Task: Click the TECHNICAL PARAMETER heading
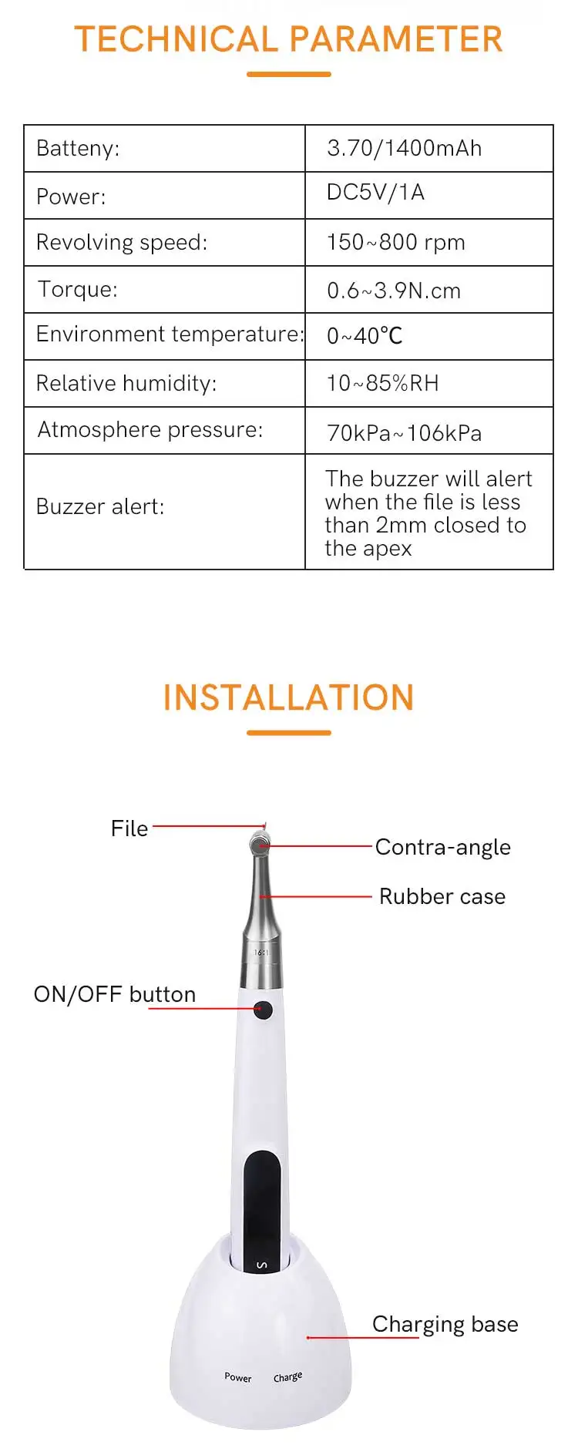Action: (x=288, y=39)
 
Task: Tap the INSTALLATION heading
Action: (x=288, y=697)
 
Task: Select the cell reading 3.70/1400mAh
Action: (x=404, y=148)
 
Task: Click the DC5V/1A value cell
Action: (x=375, y=193)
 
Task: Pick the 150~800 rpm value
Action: (x=395, y=242)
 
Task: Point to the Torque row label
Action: (x=78, y=289)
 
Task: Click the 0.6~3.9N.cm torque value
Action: (x=394, y=291)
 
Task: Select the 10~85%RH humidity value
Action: (x=382, y=383)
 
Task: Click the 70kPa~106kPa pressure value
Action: (x=404, y=433)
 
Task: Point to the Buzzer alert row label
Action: (x=100, y=506)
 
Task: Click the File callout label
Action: (x=129, y=828)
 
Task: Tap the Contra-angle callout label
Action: (x=442, y=847)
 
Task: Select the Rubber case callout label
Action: (x=442, y=896)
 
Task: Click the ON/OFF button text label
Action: (x=115, y=994)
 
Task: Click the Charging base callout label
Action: (x=445, y=1324)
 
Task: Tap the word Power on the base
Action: (x=238, y=1377)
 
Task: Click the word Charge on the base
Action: (x=287, y=1377)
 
